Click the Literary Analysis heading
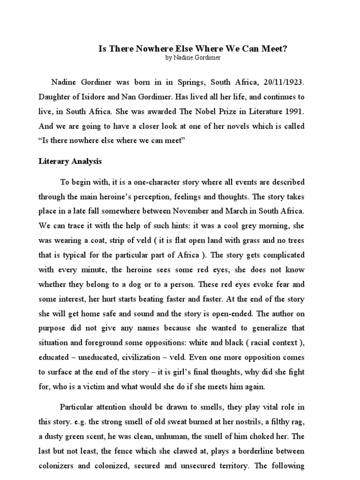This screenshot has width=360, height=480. coord(70,161)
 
